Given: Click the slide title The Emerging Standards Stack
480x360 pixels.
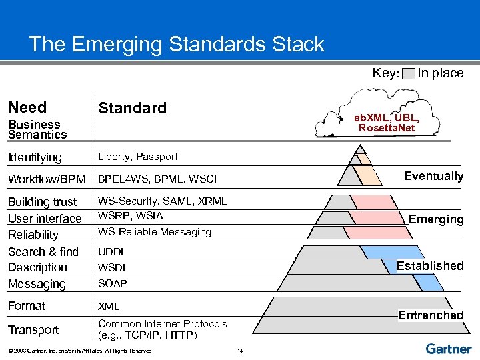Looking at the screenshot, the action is (x=177, y=45).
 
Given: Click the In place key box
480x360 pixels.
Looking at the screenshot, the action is (x=409, y=73).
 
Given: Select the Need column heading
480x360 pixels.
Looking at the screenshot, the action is (x=27, y=107).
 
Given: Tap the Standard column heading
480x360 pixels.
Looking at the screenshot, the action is (x=132, y=108).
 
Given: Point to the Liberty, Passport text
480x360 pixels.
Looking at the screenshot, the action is (x=138, y=157).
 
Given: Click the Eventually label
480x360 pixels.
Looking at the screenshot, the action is (x=433, y=176).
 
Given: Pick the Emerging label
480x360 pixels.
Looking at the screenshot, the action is (x=436, y=219).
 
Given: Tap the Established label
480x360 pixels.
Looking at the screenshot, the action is (x=430, y=266).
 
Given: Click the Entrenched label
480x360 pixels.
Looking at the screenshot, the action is (x=431, y=315).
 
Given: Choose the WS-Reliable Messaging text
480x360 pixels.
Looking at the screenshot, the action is (x=155, y=232).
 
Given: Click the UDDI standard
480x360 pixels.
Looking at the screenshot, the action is (x=110, y=252).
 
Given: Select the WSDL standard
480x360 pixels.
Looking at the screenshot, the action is (x=113, y=268).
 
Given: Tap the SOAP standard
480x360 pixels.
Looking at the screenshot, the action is (x=112, y=284).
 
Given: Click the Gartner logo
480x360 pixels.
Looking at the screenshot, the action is (x=448, y=349).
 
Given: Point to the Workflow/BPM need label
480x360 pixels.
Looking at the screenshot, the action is (x=47, y=179).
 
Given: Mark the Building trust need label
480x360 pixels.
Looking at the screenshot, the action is (x=42, y=202).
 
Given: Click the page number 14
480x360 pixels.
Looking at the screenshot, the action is (x=240, y=351).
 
